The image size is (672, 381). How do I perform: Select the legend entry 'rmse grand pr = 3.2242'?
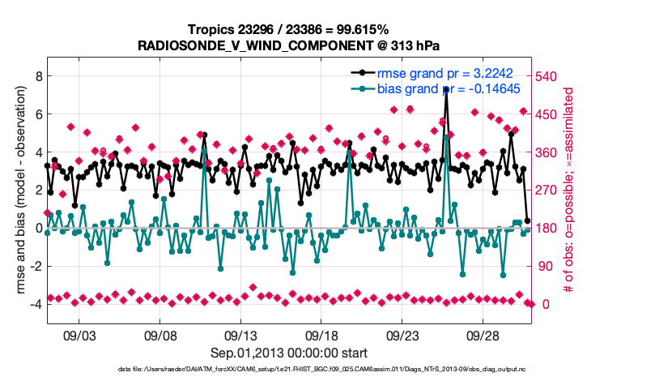coord(441,73)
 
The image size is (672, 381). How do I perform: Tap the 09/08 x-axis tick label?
coord(160,335)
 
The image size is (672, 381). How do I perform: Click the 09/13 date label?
coord(240,335)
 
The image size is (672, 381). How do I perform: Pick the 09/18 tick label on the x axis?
coord(321,335)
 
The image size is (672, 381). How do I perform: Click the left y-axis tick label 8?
coord(37,76)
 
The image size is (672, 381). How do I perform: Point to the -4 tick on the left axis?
coord(35,304)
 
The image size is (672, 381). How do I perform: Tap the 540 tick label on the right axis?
coord(547,76)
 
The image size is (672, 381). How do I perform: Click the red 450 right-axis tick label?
coord(547,114)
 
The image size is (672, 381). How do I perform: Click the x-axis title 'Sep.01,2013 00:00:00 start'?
coord(288,353)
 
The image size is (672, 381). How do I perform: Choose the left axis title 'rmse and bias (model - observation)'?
coord(15,190)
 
